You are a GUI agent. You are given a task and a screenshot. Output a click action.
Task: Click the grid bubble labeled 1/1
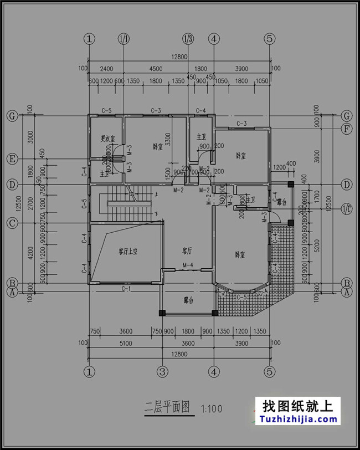[124, 39]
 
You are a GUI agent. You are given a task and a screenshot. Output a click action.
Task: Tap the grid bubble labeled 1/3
[188, 39]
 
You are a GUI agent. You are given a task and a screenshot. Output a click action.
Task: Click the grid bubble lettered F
[347, 129]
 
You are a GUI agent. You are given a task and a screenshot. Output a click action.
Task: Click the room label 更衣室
[107, 138]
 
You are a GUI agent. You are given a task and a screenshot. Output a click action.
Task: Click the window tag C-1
[126, 289]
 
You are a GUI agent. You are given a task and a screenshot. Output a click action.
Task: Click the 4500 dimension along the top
[156, 69]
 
